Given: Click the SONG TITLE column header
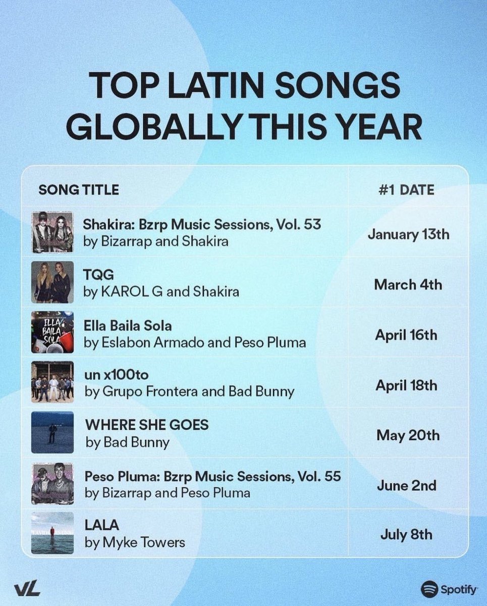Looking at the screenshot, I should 79,190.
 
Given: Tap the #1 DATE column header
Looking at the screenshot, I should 406,190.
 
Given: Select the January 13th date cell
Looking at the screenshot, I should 408,234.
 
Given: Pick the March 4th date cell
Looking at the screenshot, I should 408,285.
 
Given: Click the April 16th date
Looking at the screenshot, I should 406,335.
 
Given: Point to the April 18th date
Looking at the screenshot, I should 406,386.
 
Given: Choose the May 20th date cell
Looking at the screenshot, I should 408,435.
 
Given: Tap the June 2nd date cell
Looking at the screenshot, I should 407,486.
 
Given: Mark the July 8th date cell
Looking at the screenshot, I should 406,535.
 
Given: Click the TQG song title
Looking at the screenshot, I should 99,275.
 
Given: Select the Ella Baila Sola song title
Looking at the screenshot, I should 128,326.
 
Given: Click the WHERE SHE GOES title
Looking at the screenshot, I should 147,425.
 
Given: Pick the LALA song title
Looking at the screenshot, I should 101,526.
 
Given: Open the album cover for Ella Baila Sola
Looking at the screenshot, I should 52,332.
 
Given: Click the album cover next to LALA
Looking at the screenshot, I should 52,533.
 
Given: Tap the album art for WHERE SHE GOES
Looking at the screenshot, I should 52,432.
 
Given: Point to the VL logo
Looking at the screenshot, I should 27,589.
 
